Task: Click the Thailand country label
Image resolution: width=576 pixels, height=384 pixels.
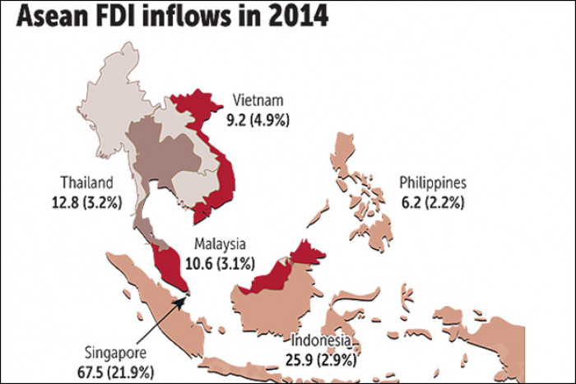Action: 87,182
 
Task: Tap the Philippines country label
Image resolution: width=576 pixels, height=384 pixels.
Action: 433,182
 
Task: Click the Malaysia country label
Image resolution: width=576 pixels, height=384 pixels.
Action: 220,244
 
